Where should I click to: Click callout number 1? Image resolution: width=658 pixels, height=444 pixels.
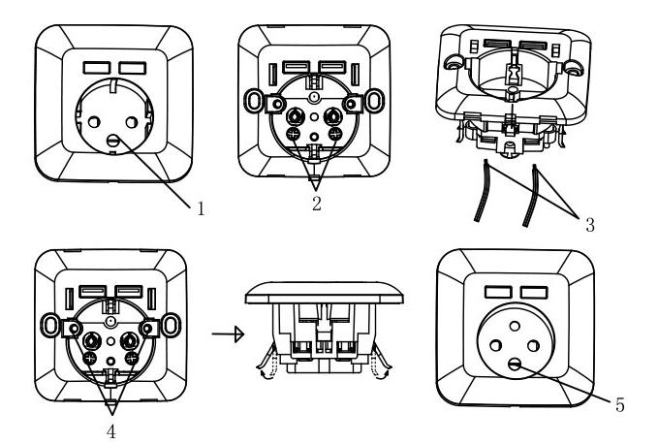coord(201,208)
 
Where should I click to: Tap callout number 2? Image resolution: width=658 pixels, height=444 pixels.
coord(317,204)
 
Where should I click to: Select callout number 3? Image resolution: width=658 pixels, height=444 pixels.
coord(590,225)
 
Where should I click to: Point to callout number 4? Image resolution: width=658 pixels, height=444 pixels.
coord(110,431)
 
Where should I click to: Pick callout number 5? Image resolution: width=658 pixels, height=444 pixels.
coord(620,404)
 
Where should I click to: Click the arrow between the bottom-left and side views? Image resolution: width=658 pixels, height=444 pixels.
coord(228,334)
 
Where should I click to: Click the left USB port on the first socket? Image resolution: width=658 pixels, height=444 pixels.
coord(97,68)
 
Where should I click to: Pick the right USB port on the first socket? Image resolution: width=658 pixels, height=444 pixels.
coord(133,68)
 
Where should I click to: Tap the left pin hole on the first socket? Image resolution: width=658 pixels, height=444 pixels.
coord(94,122)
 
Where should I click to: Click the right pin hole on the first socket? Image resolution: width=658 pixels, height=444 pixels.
coord(132,122)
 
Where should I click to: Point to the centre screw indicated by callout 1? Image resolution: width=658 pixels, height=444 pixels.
coord(112,141)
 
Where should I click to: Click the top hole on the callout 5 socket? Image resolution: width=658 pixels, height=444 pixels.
coord(515,326)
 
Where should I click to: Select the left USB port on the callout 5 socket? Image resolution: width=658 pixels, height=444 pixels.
coord(498,292)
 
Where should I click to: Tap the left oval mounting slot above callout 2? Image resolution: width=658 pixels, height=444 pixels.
coord(254,100)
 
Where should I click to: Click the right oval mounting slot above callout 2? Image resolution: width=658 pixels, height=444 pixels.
coord(375,100)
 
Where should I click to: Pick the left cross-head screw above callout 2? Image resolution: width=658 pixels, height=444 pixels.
coord(293,134)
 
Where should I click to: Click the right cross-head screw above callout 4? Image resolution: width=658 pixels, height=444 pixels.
coord(132,358)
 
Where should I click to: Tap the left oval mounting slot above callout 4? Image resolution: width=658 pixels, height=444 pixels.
coord(50,325)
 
